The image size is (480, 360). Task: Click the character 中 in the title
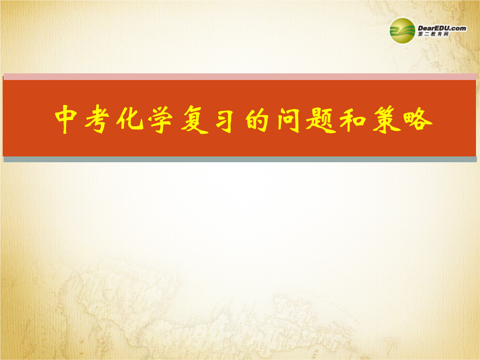click(x=66, y=119)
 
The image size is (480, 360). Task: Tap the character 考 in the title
click(x=97, y=119)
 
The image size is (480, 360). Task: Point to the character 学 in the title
click(x=160, y=119)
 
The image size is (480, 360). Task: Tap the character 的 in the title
click(x=257, y=119)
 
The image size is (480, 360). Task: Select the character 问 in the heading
click(x=289, y=119)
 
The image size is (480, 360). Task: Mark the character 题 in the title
click(x=321, y=119)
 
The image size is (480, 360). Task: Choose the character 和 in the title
click(x=353, y=119)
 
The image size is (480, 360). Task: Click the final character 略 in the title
click(x=418, y=120)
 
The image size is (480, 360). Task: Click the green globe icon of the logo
click(x=402, y=31)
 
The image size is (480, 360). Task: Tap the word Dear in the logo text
click(x=426, y=28)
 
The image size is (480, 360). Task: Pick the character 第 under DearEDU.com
click(x=421, y=34)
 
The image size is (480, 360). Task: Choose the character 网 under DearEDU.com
click(x=446, y=34)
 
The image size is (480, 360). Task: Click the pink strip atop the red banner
click(x=240, y=76)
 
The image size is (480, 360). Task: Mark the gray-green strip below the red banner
click(x=240, y=159)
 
